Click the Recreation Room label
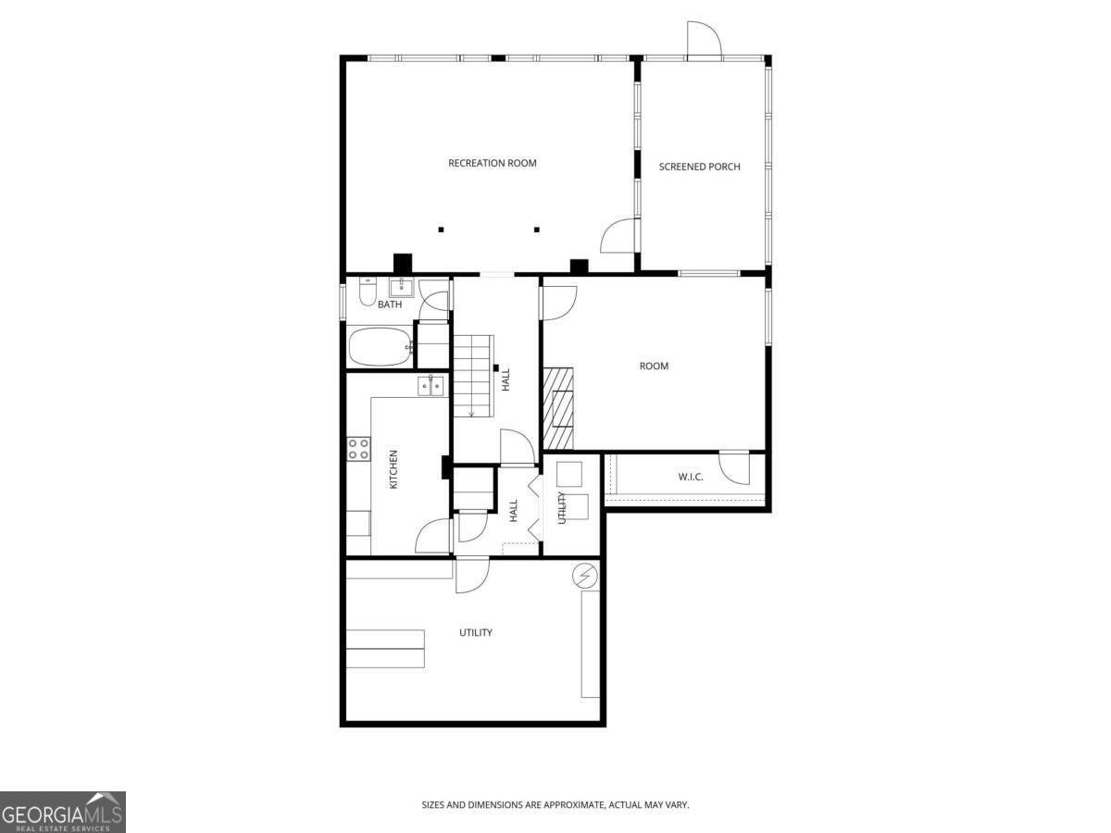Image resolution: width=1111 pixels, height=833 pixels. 492,163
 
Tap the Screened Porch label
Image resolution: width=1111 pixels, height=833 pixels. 699,167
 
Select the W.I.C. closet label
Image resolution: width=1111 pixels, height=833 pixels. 690,478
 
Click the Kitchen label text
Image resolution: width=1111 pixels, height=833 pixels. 393,469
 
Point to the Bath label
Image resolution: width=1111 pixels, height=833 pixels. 390,305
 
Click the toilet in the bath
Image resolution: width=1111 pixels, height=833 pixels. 368,293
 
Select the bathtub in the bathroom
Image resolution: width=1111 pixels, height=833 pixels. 380,347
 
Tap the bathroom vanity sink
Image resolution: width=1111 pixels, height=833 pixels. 401,286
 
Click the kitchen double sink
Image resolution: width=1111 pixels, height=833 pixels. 431,385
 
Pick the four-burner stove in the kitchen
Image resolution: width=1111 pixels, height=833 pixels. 358,450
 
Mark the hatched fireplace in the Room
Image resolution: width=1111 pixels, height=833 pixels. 558,408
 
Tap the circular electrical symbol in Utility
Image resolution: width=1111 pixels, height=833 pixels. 584,576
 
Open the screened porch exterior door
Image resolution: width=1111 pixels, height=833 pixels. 704,41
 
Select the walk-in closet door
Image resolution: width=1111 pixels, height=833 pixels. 734,467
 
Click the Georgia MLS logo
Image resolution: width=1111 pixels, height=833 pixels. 62,812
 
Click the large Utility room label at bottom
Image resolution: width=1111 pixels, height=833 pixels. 476,633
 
